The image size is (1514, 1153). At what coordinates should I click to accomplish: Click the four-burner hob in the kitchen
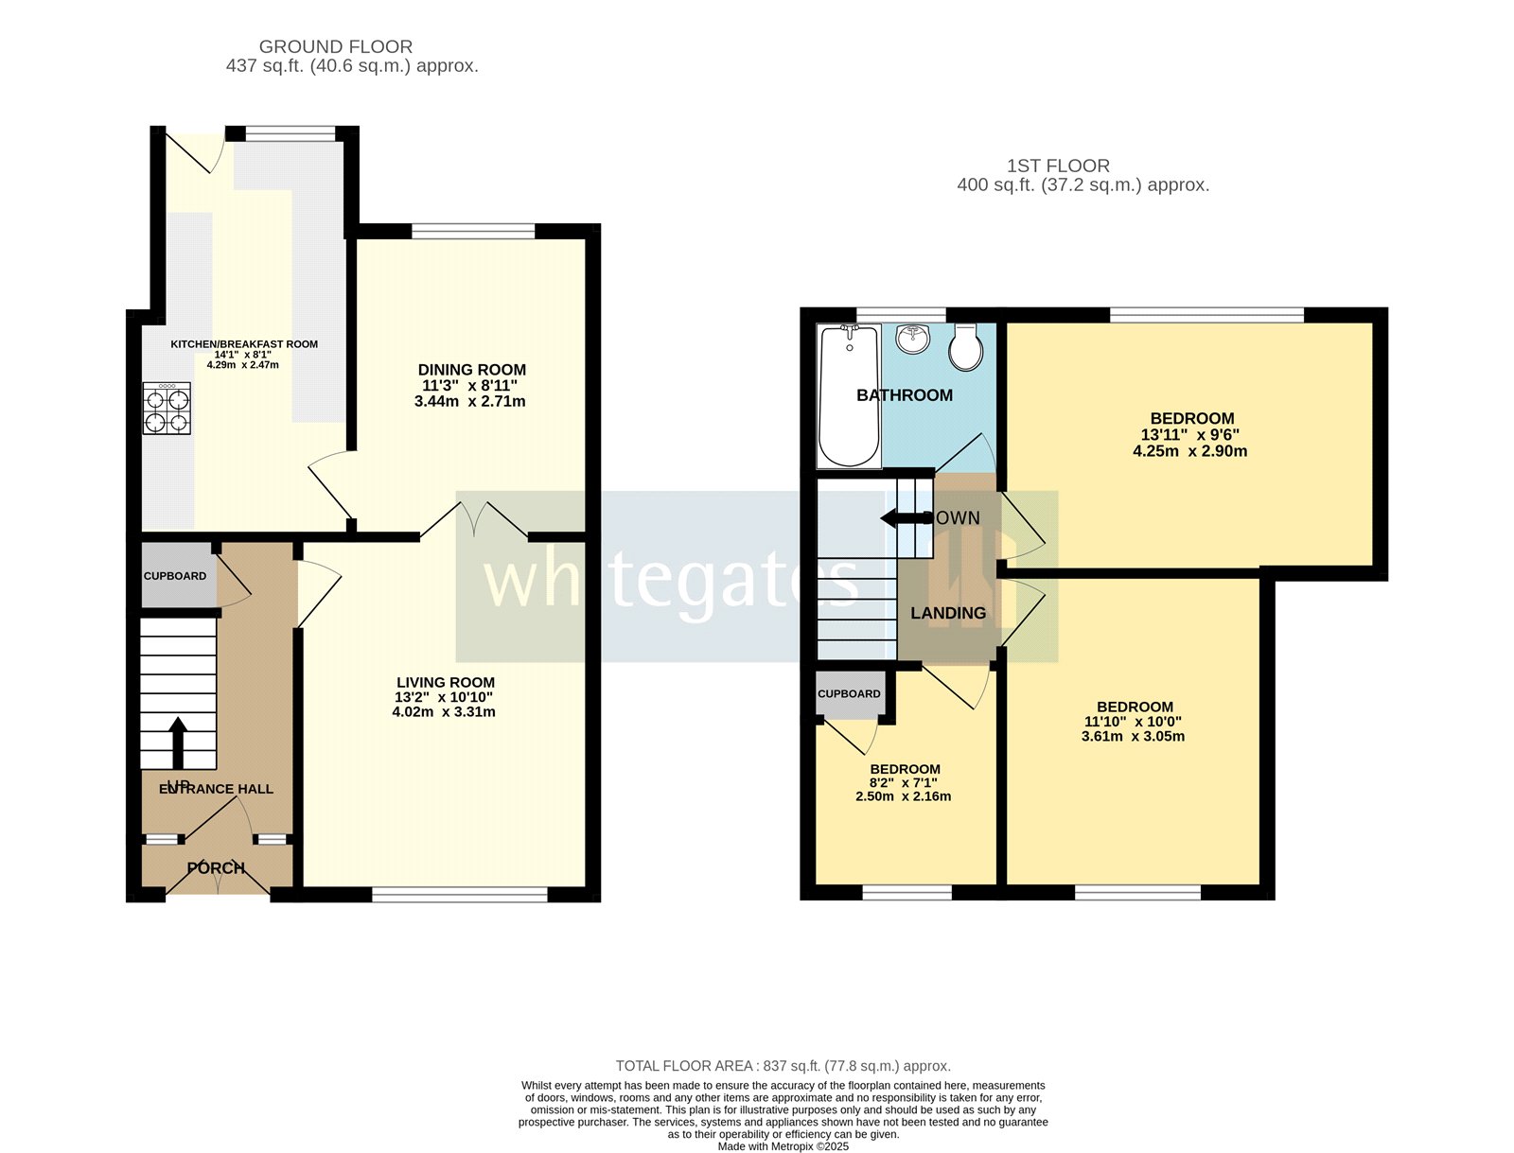[167, 409]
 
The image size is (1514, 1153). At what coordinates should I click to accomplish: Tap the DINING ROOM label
[471, 370]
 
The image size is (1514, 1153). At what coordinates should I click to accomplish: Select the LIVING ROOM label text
[445, 682]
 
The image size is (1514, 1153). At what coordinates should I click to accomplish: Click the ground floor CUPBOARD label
[175, 576]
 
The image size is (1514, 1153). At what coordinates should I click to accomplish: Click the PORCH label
[216, 867]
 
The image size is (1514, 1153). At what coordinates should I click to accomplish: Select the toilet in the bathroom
[966, 349]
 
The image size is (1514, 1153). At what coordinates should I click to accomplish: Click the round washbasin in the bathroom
[913, 339]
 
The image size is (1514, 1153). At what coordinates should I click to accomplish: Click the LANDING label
[947, 613]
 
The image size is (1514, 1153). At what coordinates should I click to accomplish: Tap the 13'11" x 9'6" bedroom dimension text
[1189, 435]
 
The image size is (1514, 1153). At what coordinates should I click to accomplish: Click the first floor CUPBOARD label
[849, 693]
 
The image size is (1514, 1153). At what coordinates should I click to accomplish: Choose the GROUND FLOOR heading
[336, 46]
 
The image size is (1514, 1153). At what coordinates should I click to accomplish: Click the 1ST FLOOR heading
[1058, 166]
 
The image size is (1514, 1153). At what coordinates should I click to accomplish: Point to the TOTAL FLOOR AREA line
[783, 1066]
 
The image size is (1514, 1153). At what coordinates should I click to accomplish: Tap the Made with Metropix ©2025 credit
[783, 1146]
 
